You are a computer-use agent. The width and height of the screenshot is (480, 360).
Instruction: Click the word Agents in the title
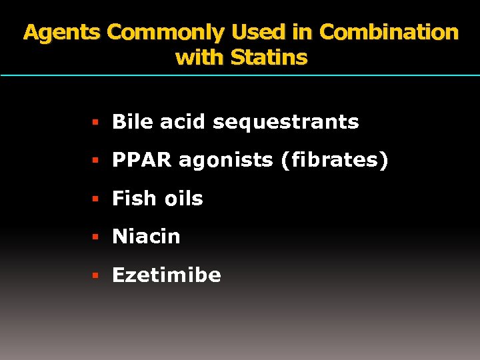[x=62, y=33]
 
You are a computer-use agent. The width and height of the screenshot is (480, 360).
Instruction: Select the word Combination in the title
[x=389, y=33]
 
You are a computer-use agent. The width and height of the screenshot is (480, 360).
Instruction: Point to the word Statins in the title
[x=269, y=57]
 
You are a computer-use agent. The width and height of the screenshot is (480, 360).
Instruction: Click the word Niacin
[x=146, y=237]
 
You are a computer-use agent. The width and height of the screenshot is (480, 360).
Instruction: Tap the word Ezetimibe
[x=166, y=275]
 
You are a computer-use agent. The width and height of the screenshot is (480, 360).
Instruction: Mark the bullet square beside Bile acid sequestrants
[x=96, y=123]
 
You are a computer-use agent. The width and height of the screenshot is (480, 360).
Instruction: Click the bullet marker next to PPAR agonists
[x=96, y=161]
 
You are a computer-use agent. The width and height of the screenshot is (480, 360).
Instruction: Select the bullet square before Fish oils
[x=96, y=199]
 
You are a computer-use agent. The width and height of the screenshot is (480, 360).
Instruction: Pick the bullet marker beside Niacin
[x=96, y=237]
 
